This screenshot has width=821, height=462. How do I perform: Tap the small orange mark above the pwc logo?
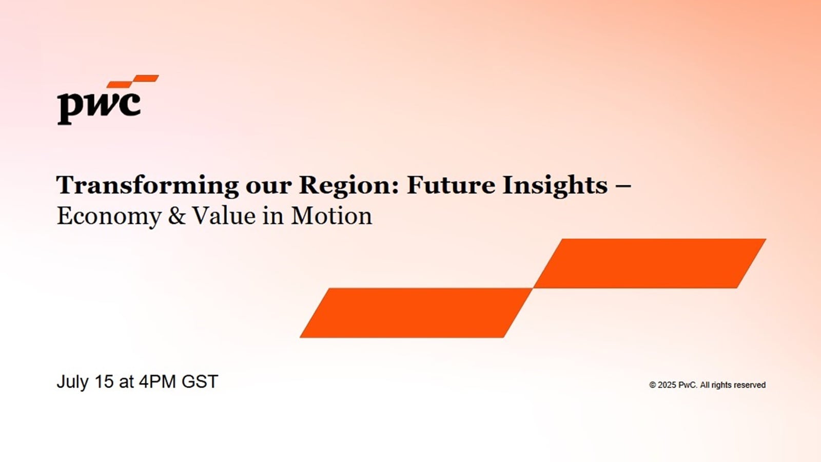[133, 81]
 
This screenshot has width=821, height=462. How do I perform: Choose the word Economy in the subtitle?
[109, 217]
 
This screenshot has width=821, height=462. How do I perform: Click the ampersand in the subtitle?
[177, 216]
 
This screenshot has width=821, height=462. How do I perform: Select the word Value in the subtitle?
[224, 216]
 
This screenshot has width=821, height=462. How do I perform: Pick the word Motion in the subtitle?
[331, 216]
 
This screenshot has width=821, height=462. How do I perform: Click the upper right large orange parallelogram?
[649, 263]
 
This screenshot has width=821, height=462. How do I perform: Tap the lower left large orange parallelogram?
[416, 313]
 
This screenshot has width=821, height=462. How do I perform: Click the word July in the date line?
[72, 382]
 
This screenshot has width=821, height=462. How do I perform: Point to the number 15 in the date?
[104, 381]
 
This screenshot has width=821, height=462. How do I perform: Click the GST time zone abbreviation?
[200, 381]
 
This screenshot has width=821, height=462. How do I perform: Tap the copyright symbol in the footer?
[652, 385]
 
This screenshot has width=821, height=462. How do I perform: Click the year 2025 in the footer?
[667, 385]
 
